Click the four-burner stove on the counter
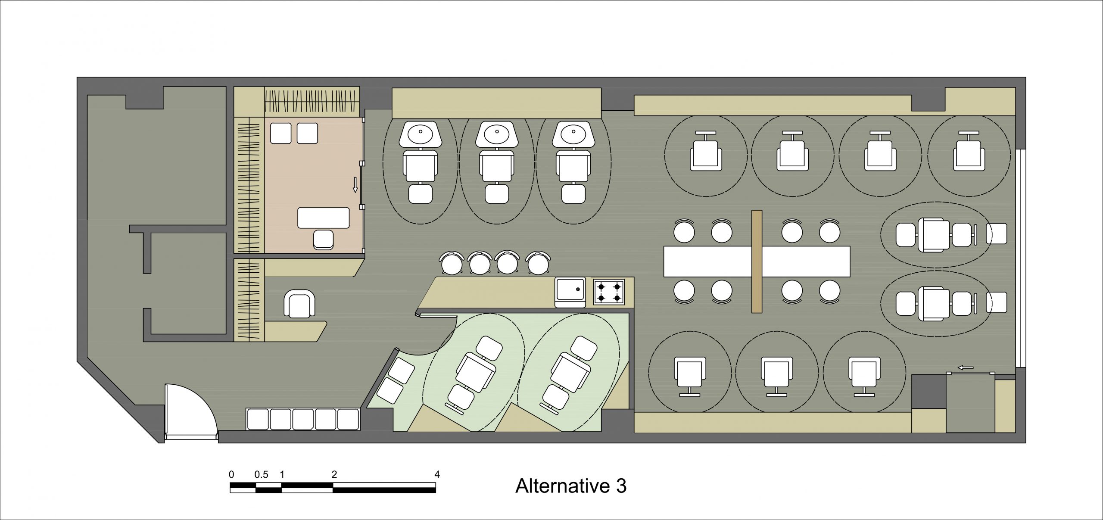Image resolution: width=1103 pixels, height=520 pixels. (x=609, y=292)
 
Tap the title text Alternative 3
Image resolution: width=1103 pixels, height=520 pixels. (x=570, y=486)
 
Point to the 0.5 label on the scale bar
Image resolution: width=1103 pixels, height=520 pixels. (x=261, y=475)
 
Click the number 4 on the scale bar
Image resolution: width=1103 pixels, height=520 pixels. (x=437, y=474)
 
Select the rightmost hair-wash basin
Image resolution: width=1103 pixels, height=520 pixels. (x=573, y=134)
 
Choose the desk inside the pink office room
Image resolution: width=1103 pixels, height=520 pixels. (x=323, y=218)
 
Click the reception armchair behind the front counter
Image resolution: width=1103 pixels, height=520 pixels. (x=299, y=304)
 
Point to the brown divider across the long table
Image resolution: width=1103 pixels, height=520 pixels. (x=757, y=261)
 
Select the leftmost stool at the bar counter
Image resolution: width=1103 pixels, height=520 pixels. (x=452, y=263)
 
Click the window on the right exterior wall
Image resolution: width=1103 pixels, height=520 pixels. (x=1020, y=258)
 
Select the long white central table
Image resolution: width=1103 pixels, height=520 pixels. (x=711, y=261)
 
